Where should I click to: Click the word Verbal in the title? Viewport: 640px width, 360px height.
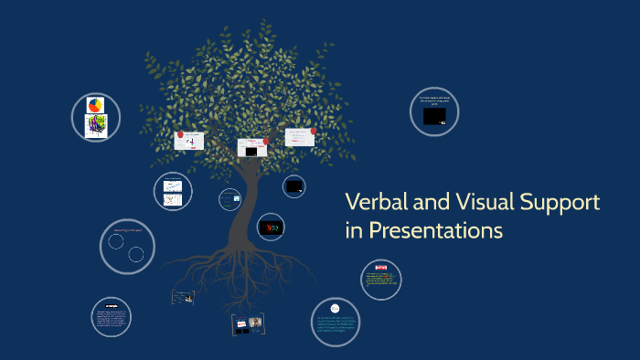(x=375, y=203)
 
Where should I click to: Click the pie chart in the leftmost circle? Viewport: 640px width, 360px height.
(x=95, y=105)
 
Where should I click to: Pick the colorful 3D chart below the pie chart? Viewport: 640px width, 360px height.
(x=95, y=125)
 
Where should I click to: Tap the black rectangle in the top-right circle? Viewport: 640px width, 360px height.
(x=434, y=116)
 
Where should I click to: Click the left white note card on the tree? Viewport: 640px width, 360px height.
(x=189, y=141)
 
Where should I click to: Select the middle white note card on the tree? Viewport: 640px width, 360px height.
(x=251, y=147)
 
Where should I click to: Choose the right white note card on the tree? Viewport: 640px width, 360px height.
(x=299, y=137)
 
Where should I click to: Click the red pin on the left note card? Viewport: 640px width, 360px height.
(x=178, y=133)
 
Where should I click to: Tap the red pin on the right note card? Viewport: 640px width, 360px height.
(x=313, y=131)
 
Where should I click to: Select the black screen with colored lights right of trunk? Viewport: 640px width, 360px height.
(x=271, y=226)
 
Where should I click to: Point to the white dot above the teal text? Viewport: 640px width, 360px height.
(x=335, y=308)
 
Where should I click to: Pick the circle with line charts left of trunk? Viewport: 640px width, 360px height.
(x=173, y=191)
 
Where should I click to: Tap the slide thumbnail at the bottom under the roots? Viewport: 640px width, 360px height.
(x=248, y=323)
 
